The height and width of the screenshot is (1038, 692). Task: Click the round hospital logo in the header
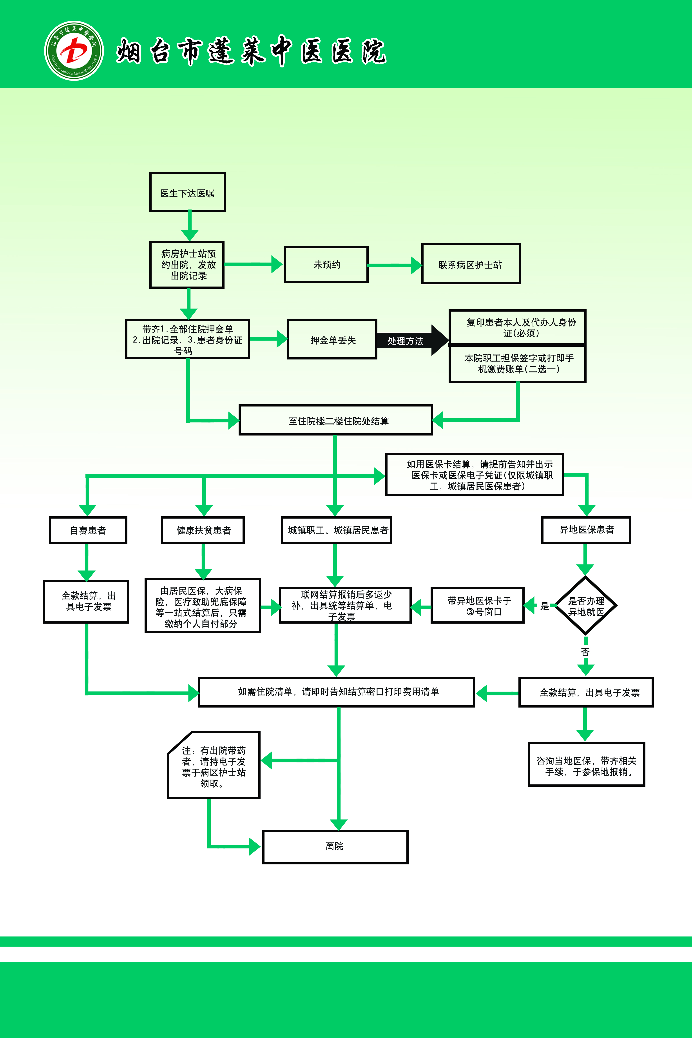[74, 51]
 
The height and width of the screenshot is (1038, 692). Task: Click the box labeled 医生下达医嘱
[188, 192]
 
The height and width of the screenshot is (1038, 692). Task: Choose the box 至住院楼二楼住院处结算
[336, 420]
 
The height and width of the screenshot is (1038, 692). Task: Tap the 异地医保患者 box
[586, 530]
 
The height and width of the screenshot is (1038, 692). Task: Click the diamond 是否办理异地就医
[586, 606]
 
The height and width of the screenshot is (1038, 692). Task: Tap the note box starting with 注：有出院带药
[214, 765]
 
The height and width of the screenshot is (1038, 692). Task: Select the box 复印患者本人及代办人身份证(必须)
[517, 327]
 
